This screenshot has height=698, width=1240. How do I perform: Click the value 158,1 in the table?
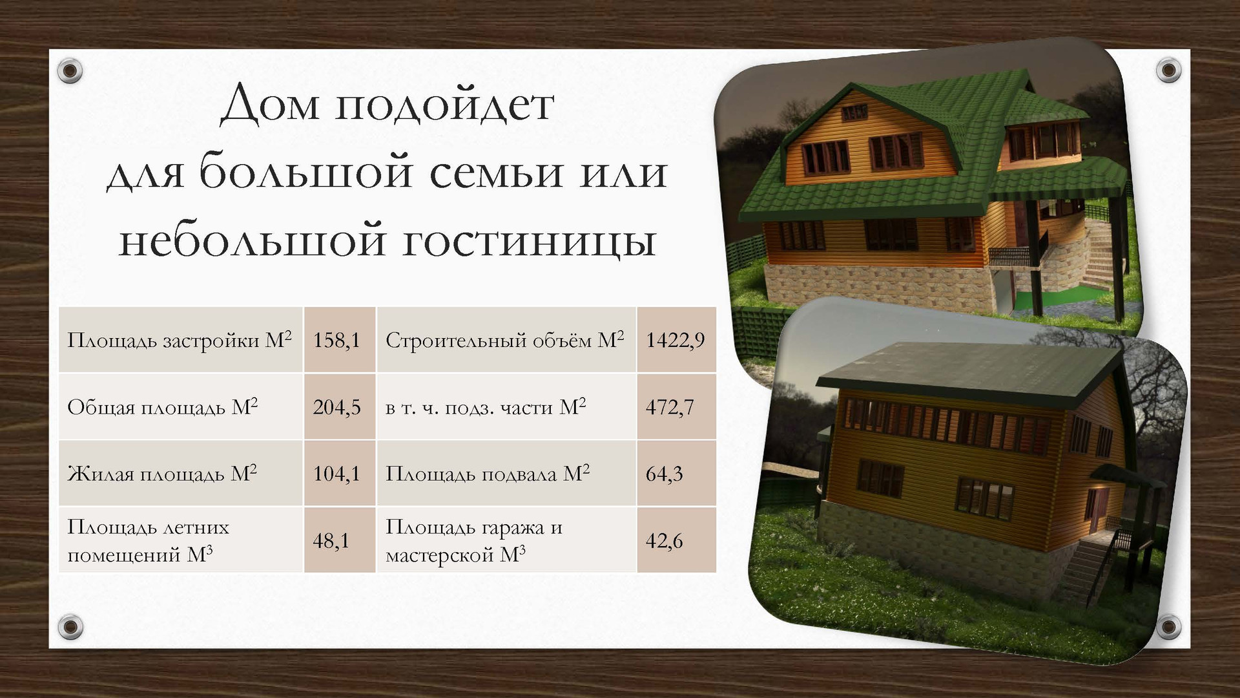coord(336,340)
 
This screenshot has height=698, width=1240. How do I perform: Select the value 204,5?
coord(336,407)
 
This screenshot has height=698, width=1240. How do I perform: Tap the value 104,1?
coord(336,474)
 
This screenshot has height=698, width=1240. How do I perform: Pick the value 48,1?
coord(331,540)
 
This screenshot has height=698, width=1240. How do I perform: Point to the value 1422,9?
coord(676,340)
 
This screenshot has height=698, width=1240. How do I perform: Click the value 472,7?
coord(670,407)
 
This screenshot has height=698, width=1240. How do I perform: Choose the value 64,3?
coord(664,474)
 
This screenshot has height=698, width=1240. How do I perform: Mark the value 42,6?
coord(664,540)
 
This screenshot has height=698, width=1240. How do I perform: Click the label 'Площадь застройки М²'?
coord(180,339)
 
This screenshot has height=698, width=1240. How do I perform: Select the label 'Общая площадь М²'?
coord(163,407)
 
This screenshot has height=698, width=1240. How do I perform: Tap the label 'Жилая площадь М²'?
coord(162,473)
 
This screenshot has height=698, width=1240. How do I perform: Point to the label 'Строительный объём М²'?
coord(505,339)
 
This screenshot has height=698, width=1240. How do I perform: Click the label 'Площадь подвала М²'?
coord(488,473)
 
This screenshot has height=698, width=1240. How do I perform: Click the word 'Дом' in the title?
coord(270,104)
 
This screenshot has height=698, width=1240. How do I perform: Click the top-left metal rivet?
coord(70,70)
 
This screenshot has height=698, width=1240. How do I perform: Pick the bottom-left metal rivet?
coord(70,626)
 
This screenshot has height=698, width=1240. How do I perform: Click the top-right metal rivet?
coord(1168,70)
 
